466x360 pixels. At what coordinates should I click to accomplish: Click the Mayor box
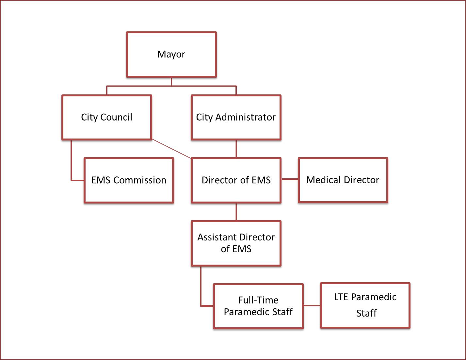[171, 55]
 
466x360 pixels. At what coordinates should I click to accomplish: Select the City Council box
[107, 117]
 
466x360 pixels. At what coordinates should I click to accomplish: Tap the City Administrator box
[236, 117]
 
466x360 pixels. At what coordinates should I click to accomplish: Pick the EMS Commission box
[129, 180]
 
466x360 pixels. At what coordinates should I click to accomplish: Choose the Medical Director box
[343, 180]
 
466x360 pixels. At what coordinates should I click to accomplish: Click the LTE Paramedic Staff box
[365, 305]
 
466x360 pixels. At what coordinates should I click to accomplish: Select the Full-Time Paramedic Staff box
[258, 306]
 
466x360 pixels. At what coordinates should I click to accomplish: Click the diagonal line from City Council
[171, 149]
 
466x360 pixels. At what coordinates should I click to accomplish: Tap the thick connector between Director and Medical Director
[290, 179]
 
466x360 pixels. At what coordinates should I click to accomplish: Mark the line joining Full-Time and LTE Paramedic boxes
[312, 306]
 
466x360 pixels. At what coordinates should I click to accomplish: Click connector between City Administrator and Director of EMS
[236, 149]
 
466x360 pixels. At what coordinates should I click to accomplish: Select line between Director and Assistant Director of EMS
[236, 212]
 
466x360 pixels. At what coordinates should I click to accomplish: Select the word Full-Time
[258, 300]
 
